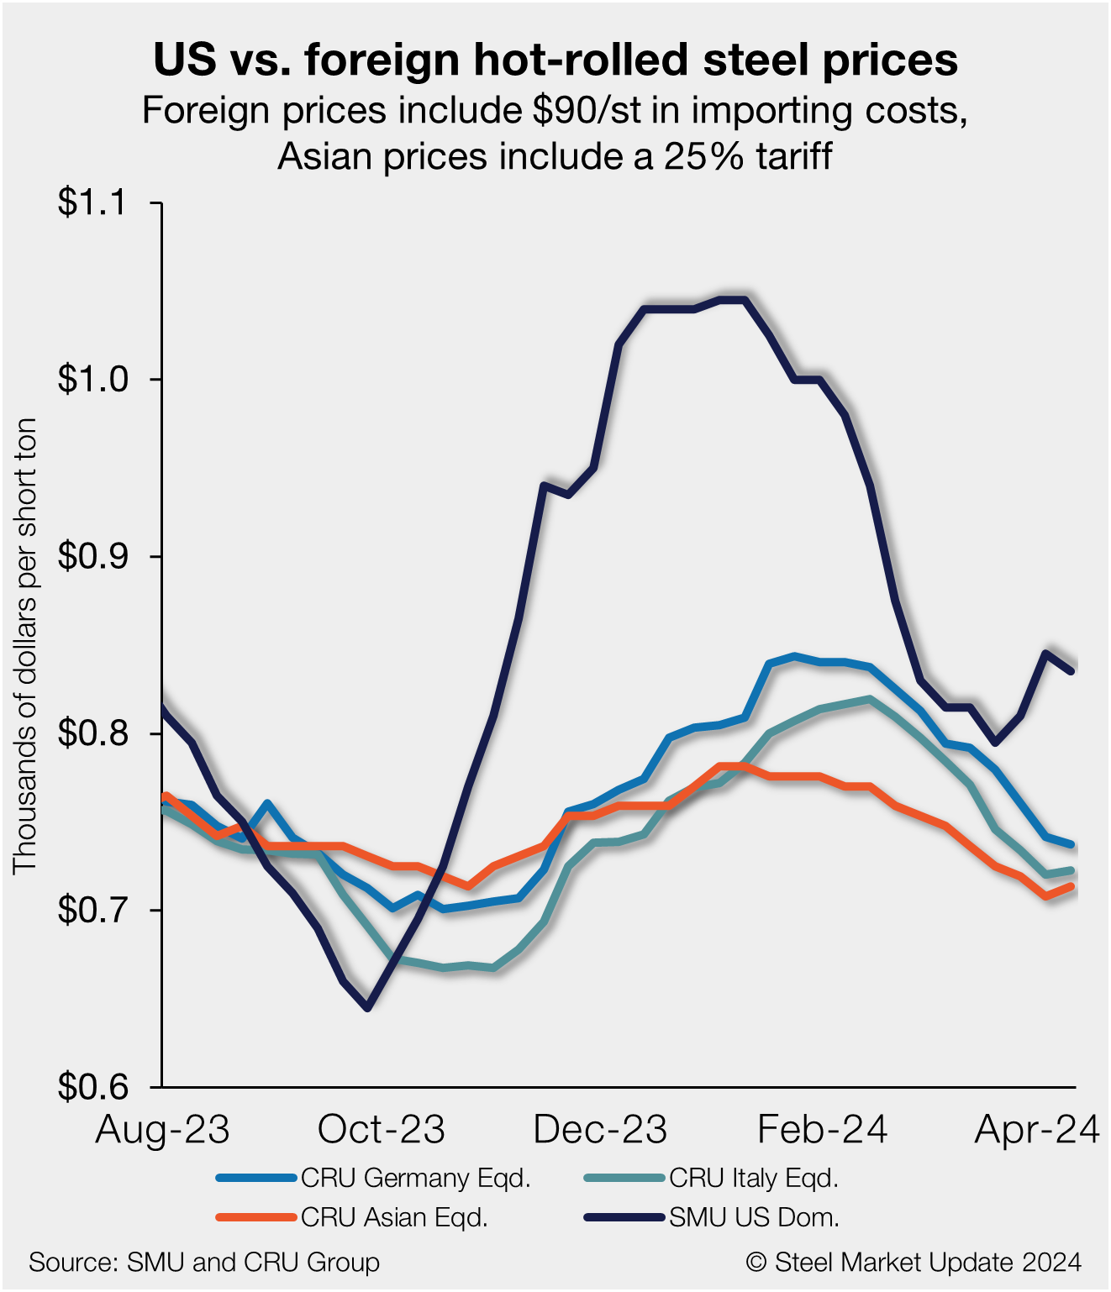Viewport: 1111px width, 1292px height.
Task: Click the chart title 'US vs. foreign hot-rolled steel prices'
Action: tap(555, 60)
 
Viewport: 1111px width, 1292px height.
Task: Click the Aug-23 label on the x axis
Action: tap(162, 1130)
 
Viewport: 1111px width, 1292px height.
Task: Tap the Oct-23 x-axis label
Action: tap(381, 1130)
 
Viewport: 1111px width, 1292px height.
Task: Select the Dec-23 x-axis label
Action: tap(600, 1130)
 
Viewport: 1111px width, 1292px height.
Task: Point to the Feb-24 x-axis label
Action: tap(822, 1130)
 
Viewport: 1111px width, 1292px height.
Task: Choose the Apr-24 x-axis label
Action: tap(1037, 1130)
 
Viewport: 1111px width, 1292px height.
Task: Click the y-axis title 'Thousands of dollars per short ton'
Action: tap(26, 645)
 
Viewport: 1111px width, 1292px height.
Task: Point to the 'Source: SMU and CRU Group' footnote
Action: tap(204, 1262)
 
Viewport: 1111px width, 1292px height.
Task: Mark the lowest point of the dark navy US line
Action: tap(367, 1007)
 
